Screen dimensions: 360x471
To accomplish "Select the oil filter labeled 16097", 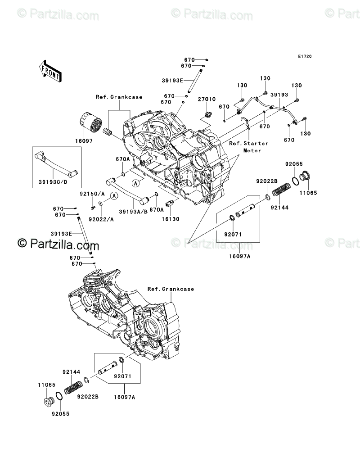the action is (90, 124).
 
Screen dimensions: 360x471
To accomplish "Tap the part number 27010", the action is (207, 99).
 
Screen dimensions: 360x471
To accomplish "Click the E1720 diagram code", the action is (305, 56).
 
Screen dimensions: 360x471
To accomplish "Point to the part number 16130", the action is (171, 219).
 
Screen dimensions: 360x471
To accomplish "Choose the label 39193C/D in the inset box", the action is (53, 182).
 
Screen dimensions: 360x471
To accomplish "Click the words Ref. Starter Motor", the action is (248, 147).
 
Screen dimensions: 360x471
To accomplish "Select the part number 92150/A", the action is (92, 194).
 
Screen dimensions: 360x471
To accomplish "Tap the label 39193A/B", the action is (133, 212).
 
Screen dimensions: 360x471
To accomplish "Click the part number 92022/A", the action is (101, 220).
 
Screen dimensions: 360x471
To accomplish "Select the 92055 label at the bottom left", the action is (60, 414).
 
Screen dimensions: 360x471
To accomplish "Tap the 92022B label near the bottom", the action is (88, 397).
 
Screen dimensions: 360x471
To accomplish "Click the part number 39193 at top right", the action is (279, 95).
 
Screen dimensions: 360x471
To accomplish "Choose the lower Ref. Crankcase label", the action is (171, 289).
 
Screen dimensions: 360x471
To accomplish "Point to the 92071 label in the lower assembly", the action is (122, 376).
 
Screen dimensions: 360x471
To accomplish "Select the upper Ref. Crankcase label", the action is (119, 97).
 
